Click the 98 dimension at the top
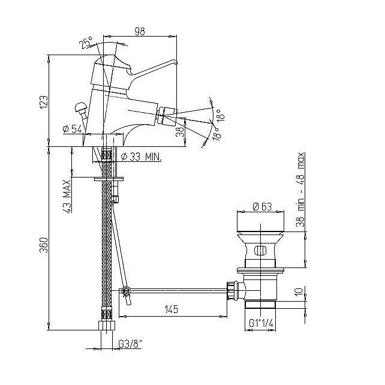[x=140, y=31]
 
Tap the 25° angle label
[x=86, y=42]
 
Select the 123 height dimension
[x=44, y=102]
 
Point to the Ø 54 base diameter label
[x=72, y=129]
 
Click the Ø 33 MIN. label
[x=142, y=157]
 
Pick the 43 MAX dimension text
[x=67, y=196]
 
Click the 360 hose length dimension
[x=44, y=245]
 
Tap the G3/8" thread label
[x=130, y=344]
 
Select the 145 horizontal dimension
[x=172, y=309]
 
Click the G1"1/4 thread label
[x=261, y=323]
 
